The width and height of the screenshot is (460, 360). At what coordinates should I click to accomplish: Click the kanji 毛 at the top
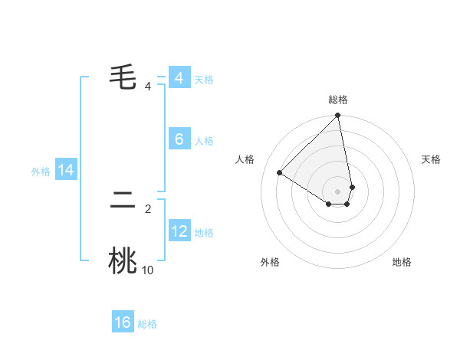123,77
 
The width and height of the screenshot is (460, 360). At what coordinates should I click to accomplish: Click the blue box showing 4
179,78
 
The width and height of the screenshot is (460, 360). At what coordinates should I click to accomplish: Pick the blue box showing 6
179,139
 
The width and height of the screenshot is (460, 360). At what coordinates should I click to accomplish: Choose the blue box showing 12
179,231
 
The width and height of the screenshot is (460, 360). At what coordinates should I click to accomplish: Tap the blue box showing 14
66,170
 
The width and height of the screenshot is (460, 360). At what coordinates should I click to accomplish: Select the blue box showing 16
123,322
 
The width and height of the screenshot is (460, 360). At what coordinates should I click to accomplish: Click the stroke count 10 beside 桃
147,270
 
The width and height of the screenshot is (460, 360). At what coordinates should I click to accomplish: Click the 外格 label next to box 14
41,172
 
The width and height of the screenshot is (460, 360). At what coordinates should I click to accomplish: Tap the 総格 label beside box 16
147,324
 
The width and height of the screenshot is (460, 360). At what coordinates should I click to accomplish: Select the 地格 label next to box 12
204,233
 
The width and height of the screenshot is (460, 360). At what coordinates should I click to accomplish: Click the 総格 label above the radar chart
337,100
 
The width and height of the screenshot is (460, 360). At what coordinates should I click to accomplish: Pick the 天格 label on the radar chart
431,159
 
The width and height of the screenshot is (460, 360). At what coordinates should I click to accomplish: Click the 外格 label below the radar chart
270,262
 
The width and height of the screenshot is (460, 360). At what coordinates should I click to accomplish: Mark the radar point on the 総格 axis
337,116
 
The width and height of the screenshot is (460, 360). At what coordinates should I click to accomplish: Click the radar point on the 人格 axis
280,172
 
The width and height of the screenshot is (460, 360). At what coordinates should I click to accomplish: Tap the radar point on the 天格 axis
352,186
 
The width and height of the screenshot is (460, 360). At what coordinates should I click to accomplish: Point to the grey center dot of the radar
337,191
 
